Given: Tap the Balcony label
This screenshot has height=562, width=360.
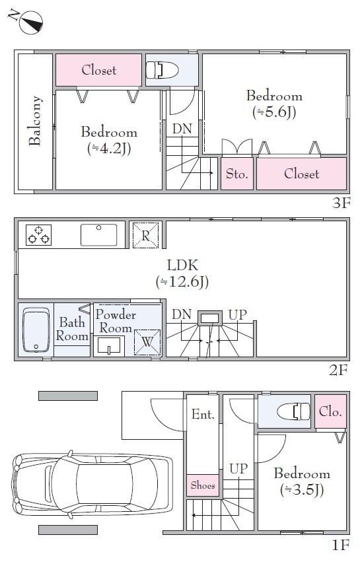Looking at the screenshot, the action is (35, 121).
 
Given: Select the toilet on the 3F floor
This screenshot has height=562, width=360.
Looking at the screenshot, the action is (162, 70).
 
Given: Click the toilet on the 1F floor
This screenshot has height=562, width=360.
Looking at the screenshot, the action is (294, 411).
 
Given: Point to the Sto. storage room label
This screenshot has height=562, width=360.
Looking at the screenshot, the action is (236, 174).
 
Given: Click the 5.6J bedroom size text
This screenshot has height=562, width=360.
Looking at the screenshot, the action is (274, 112).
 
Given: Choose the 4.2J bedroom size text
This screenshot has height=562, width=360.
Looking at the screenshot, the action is (109, 148).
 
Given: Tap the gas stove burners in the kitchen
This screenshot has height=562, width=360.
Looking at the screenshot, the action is (39, 234).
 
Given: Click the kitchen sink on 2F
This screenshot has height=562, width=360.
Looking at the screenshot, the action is (98, 234).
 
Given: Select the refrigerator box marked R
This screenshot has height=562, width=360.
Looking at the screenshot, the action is (145, 235).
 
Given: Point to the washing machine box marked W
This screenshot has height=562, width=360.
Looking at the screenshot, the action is (147, 342).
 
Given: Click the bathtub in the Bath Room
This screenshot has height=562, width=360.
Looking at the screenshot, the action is (36, 330).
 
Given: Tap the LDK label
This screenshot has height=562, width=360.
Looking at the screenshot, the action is (182, 265).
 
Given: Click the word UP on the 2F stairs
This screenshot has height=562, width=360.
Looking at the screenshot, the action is (238, 315).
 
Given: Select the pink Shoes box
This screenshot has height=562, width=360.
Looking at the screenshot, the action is (203, 485).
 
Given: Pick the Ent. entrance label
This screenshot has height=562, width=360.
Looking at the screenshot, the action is (203, 414).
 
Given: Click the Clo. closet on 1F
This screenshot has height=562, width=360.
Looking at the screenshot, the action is (330, 411).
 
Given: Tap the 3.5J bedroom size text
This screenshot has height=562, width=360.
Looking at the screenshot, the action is (302, 489).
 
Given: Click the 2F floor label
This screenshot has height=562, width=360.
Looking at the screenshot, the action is (338, 370).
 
